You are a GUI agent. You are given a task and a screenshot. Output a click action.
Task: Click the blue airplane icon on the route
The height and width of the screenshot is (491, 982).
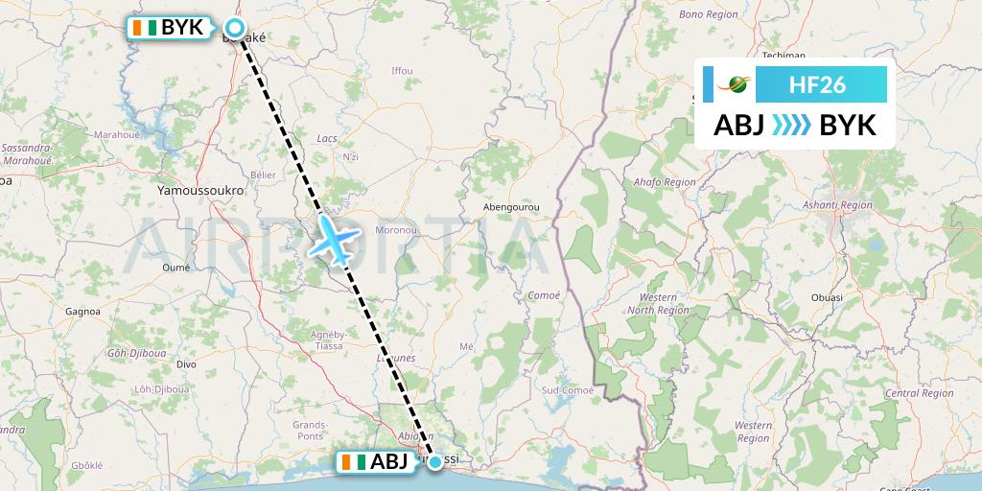coord(330,240)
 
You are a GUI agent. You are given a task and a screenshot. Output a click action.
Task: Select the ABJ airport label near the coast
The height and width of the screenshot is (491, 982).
coord(377,462)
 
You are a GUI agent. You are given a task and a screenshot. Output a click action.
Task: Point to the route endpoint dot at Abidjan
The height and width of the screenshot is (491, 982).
coord(436,462)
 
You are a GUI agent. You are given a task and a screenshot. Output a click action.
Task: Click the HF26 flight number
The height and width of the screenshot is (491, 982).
coord(817,84)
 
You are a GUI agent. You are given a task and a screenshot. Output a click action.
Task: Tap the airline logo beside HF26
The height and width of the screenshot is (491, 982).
coord(736,84)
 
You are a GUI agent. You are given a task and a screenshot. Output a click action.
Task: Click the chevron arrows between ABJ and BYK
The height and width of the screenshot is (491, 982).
coord(792,125)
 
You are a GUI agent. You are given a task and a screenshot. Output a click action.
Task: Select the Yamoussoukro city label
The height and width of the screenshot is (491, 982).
coord(200,192)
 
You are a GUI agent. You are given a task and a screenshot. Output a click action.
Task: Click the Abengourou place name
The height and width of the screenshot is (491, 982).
coord(511,206)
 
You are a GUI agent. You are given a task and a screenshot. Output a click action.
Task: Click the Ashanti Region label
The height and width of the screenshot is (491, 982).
coord(838,205)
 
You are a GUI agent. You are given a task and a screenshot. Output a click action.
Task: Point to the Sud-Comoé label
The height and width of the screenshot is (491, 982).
coord(568,390)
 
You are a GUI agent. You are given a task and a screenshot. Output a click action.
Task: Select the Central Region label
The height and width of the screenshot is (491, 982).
coord(918,393)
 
